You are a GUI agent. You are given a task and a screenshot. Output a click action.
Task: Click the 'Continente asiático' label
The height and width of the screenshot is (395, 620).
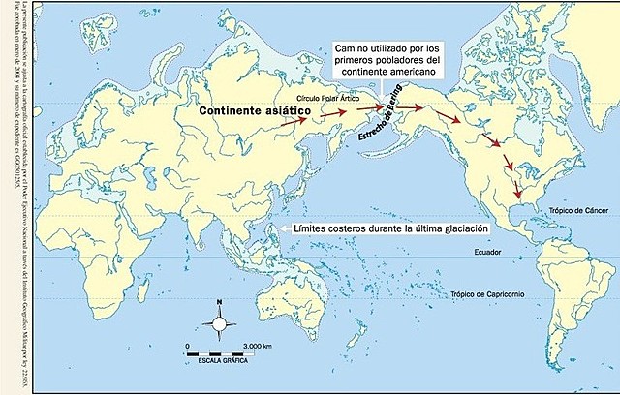(254, 112)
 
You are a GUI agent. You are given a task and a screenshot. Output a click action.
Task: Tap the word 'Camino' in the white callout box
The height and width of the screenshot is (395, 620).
(349, 46)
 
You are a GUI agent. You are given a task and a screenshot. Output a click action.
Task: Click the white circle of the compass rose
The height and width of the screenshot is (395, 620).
(220, 325)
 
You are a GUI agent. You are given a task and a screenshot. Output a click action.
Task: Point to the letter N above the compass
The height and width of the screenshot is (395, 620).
(220, 302)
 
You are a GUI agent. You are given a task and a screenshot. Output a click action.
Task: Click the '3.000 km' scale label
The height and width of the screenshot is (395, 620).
(258, 345)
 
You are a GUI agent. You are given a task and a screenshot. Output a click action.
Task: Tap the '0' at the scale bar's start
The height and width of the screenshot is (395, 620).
(187, 345)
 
